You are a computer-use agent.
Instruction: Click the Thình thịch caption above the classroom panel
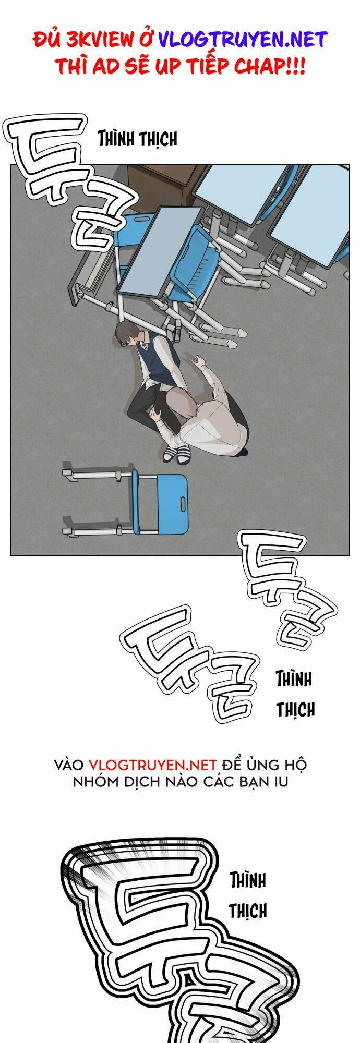(138, 139)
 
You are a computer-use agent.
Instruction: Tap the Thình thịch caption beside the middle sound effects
(295, 694)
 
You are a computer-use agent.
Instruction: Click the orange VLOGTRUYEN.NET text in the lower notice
(152, 765)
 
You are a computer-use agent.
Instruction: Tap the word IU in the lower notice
(281, 783)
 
